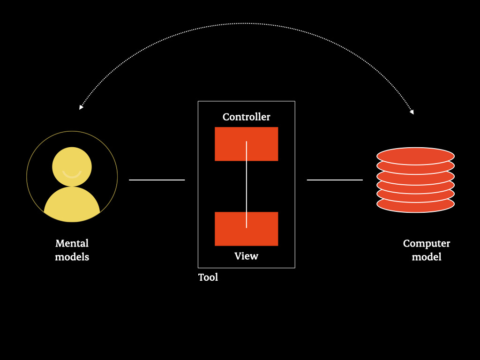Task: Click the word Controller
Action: [x=246, y=117]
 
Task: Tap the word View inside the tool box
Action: [x=246, y=256]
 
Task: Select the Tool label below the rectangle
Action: [x=208, y=277]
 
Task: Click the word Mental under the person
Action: [x=72, y=243]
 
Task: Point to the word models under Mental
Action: [x=72, y=257]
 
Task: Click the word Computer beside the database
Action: [x=427, y=243]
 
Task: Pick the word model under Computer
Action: [x=427, y=257]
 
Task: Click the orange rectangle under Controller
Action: [x=230, y=144]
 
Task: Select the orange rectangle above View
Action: [x=230, y=229]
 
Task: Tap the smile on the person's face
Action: [x=72, y=174]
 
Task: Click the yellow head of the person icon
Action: [x=72, y=162]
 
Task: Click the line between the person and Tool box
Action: [x=157, y=180]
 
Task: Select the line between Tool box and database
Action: [x=335, y=180]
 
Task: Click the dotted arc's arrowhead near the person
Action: [x=81, y=107]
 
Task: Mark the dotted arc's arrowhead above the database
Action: [x=412, y=112]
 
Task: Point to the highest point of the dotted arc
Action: [x=246, y=23]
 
